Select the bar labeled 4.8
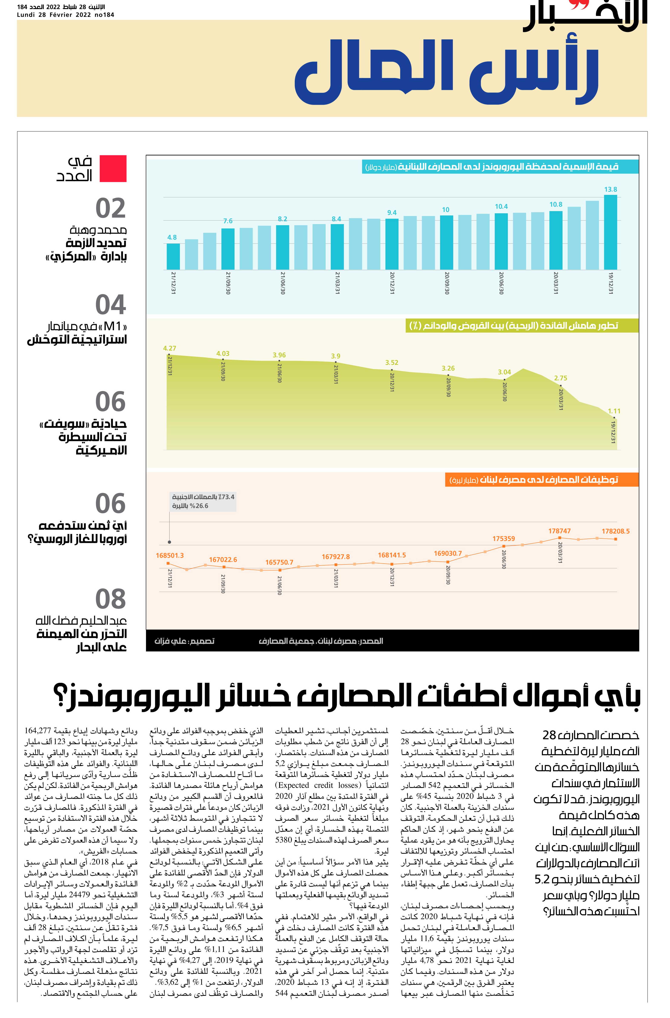pos(173,257)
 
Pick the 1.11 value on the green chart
pos(614,411)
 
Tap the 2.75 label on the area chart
pos(560,378)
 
